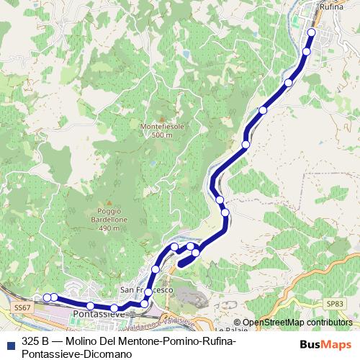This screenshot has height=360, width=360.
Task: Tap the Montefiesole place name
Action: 162,127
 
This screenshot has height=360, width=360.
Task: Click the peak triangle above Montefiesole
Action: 162,119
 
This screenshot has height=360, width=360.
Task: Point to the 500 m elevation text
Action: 162,135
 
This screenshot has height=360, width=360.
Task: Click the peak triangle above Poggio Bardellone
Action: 109,203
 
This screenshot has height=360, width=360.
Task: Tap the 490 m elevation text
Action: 109,228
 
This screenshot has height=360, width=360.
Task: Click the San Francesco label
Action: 147,289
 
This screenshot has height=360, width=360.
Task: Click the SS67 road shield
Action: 22,307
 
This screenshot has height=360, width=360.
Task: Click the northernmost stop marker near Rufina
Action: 312,32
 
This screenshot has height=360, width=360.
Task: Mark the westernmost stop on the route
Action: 47,297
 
